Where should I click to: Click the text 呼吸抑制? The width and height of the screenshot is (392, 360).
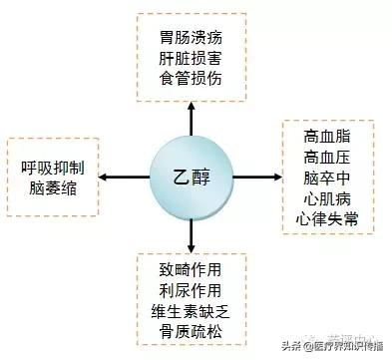pyautogui.click(x=54, y=167)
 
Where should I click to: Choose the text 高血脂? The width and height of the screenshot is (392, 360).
pyautogui.click(x=330, y=135)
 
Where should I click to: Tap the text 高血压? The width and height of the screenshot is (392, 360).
pyautogui.click(x=330, y=156)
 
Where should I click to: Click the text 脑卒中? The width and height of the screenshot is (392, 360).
pyautogui.click(x=330, y=177)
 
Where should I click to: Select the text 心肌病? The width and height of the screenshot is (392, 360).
pyautogui.click(x=330, y=197)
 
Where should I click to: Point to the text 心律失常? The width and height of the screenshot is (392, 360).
pyautogui.click(x=330, y=218)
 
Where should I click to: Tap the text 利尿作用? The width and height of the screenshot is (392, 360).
pyautogui.click(x=191, y=292)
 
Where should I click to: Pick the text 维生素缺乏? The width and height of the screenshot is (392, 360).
pyautogui.click(x=191, y=313)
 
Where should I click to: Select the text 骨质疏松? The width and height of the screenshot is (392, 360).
pyautogui.click(x=191, y=334)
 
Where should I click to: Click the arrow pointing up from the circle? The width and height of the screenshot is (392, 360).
pyautogui.click(x=190, y=120)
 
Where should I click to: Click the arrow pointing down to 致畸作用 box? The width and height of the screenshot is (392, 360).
pyautogui.click(x=190, y=235)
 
